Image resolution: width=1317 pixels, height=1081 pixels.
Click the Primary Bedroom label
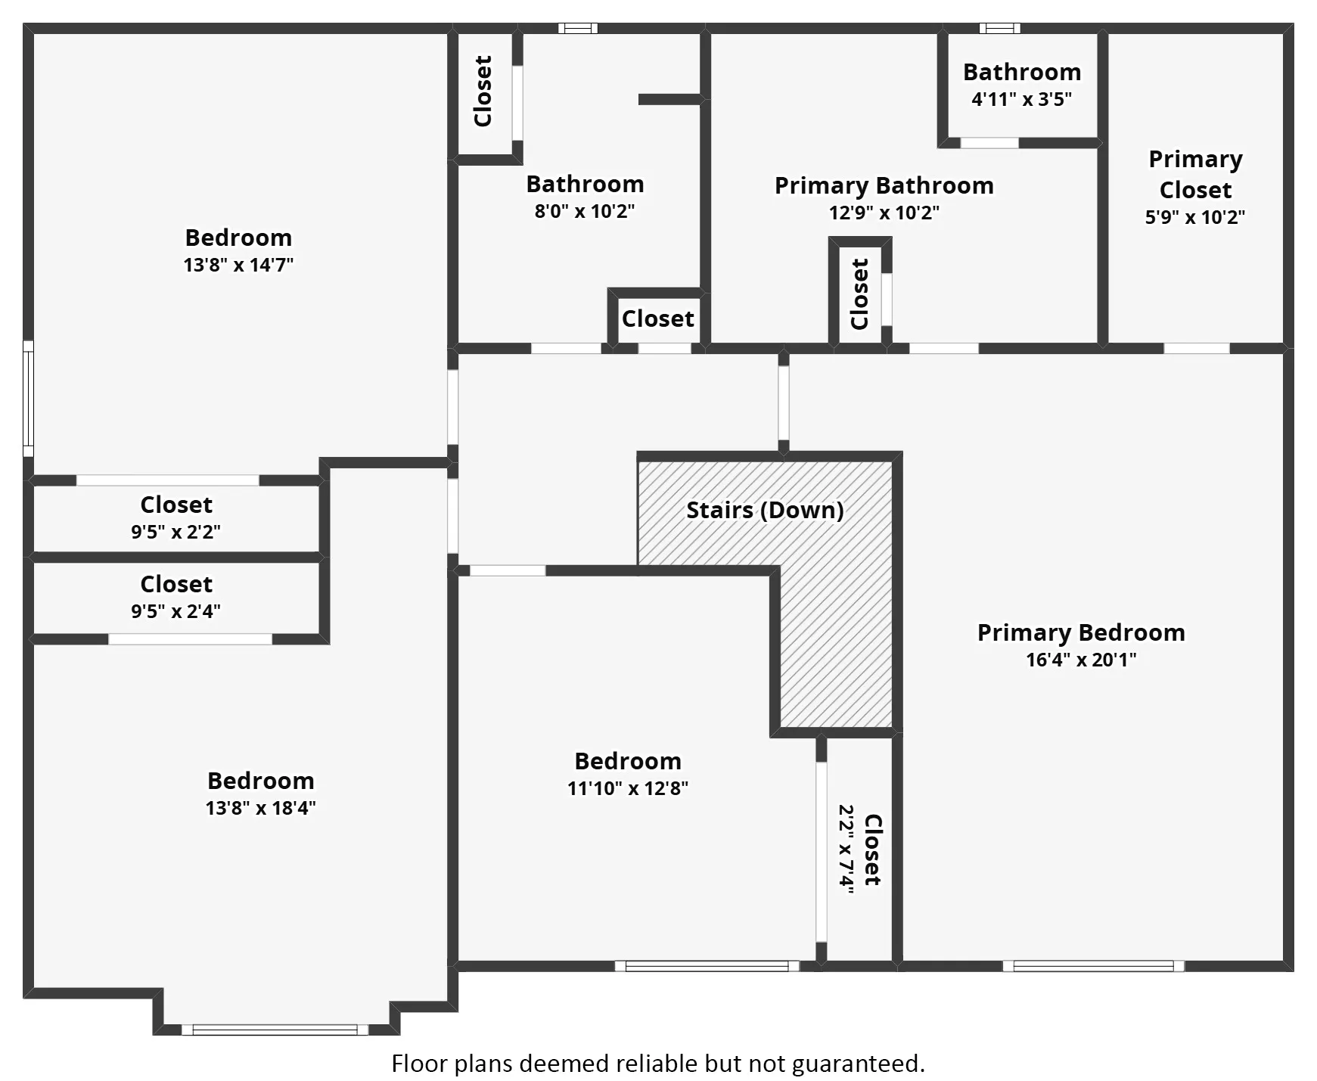(1081, 632)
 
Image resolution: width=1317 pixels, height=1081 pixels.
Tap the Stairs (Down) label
(765, 510)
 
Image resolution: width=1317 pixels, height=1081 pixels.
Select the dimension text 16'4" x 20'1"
(1081, 660)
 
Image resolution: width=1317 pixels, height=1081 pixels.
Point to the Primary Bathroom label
(884, 185)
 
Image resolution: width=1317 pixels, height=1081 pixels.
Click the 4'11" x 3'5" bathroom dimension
(1022, 99)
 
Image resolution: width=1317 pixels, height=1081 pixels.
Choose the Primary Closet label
(1195, 174)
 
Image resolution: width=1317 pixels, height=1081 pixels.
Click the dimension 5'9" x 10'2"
(1195, 217)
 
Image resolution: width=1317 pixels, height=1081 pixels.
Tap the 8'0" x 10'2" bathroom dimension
(585, 211)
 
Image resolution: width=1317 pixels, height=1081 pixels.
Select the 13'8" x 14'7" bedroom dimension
(238, 265)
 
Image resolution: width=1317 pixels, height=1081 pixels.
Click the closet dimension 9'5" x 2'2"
(176, 532)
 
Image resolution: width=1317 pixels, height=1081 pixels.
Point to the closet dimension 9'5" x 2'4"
(176, 611)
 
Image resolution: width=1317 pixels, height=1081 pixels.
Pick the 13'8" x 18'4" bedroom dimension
(260, 808)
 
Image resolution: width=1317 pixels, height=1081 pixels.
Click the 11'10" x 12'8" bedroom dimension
(628, 788)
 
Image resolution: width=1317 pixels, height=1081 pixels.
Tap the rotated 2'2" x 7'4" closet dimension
(847, 849)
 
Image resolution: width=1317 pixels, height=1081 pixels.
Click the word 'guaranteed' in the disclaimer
(859, 1064)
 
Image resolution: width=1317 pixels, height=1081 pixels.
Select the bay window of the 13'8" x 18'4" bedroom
(275, 1030)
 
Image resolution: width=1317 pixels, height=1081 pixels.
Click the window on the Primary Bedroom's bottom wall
(1093, 966)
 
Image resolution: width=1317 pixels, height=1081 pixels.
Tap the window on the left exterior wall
(28, 399)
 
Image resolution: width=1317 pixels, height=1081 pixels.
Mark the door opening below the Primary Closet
(1197, 349)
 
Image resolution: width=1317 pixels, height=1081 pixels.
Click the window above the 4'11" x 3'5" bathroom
(999, 29)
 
